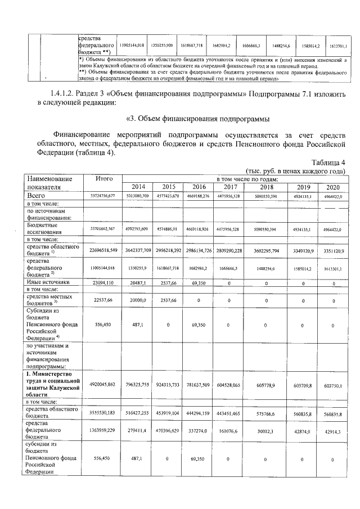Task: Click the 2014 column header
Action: [x=138, y=187]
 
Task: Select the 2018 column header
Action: [x=266, y=187]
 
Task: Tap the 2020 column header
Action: [x=333, y=187]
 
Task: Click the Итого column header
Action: [x=102, y=179]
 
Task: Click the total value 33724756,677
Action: [x=102, y=196]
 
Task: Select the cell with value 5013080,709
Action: [x=138, y=196]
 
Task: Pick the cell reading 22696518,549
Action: [x=102, y=249]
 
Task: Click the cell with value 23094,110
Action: [x=102, y=283]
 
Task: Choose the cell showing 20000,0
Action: [x=138, y=300]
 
